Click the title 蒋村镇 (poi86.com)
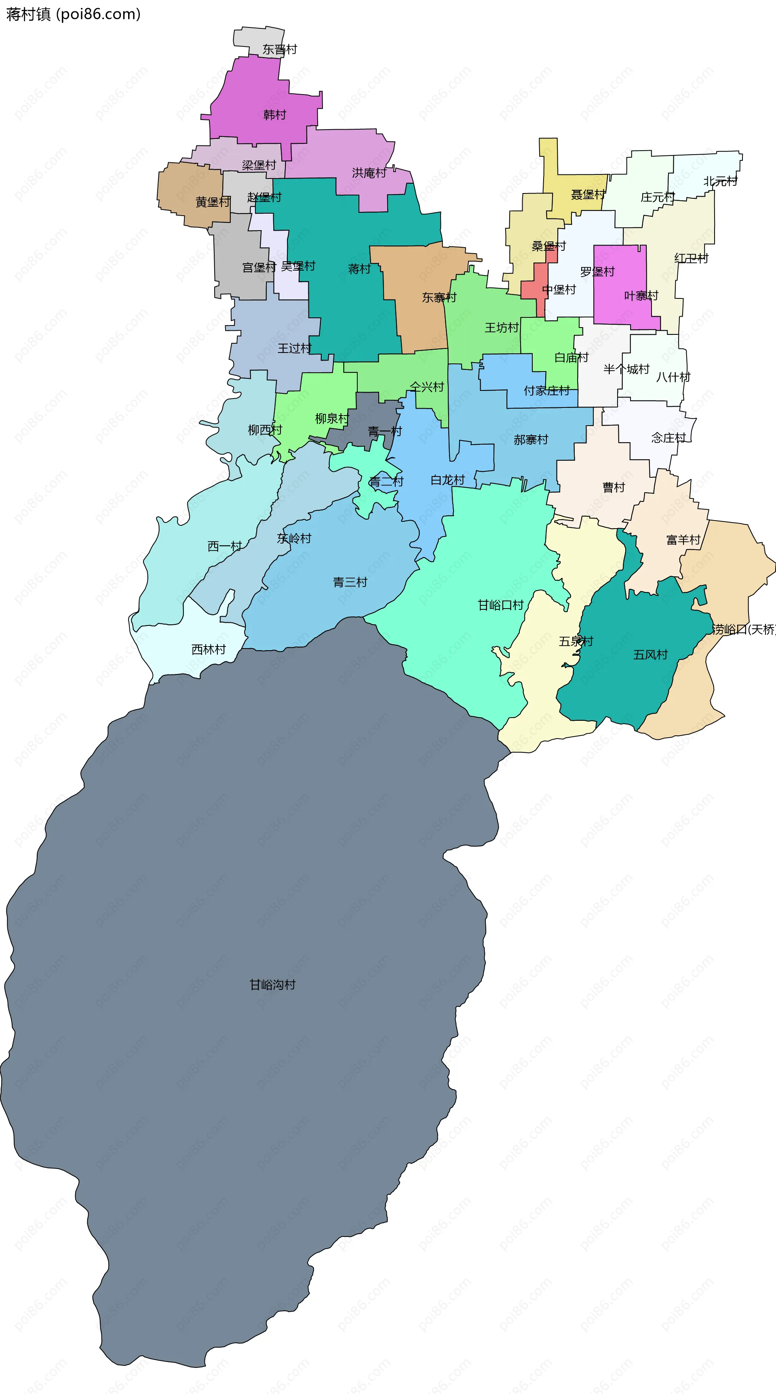(x=73, y=14)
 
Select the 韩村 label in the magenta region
(x=274, y=115)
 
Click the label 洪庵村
(x=369, y=172)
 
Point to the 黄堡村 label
(x=213, y=202)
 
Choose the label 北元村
(x=720, y=181)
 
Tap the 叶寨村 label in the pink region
(x=641, y=296)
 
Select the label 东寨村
(x=439, y=297)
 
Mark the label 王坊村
(x=502, y=328)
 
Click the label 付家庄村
(x=546, y=390)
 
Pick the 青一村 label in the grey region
(x=384, y=431)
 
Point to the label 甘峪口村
(x=500, y=605)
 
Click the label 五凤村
(x=650, y=655)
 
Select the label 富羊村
(x=683, y=540)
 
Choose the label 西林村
(x=209, y=649)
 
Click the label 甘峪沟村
(x=272, y=985)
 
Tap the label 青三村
(x=350, y=582)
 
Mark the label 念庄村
(x=668, y=438)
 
